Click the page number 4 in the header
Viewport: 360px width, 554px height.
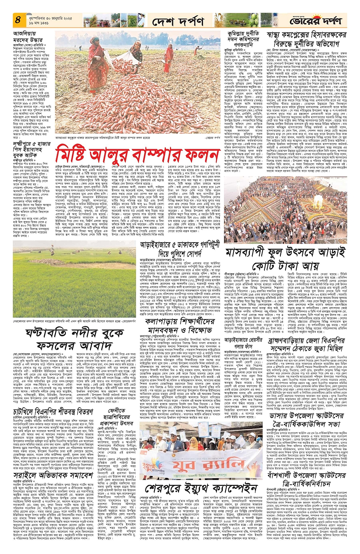tap(18, 20)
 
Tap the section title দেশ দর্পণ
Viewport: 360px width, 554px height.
tap(178, 21)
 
